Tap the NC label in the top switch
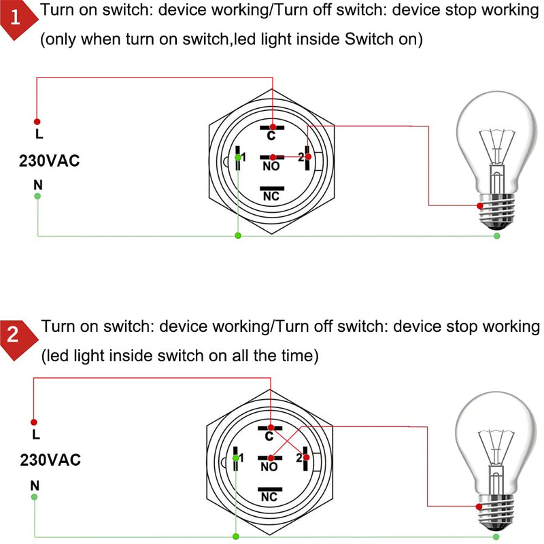point(271,196)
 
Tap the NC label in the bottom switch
point(270,497)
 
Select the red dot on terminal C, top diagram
point(272,127)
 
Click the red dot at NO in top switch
point(272,157)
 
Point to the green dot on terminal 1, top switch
point(237,158)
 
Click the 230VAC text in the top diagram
point(50,161)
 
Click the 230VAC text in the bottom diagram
point(50,460)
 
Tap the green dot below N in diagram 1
point(37,196)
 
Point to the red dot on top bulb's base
point(479,205)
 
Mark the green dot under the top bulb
point(497,236)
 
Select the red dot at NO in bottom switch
point(271,457)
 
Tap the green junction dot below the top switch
point(237,236)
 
